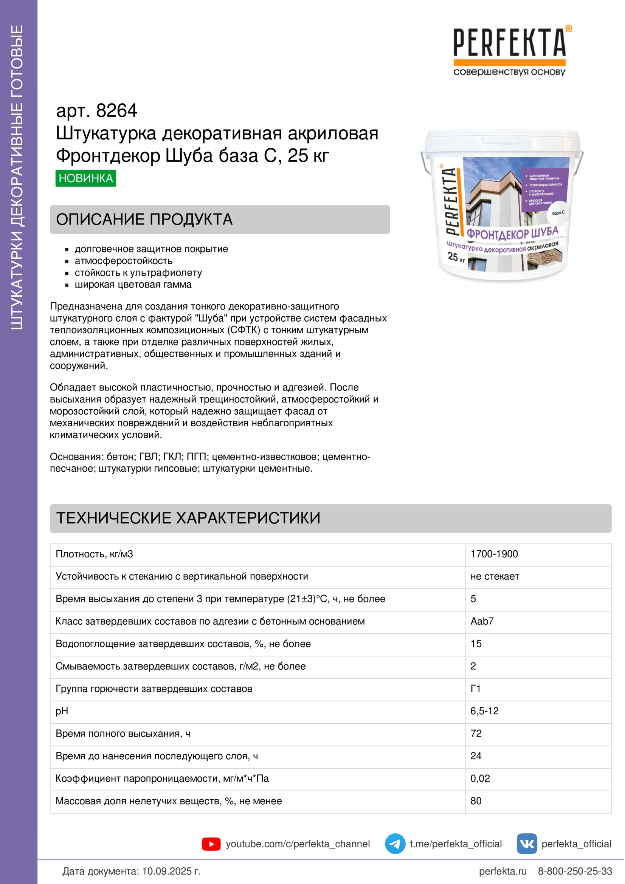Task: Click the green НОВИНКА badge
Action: pos(85,178)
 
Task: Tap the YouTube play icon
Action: pos(211,844)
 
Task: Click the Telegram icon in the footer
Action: pos(395,844)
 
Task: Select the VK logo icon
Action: pos(526,844)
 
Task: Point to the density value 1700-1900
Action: pos(494,554)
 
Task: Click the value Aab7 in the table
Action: pos(482,621)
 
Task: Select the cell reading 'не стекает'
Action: pos(495,576)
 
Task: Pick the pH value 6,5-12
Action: pos(484,711)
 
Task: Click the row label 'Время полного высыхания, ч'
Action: pos(123,734)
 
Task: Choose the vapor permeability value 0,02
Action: pos(480,778)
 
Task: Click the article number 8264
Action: pos(116,111)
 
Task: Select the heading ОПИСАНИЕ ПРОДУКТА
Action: pos(144,220)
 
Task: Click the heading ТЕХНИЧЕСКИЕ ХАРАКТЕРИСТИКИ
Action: pos(188,518)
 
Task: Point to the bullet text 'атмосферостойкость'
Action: pos(124,261)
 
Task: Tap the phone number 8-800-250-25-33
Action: pos(575,871)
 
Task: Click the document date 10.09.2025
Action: pos(171,871)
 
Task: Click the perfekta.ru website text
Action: pos(502,871)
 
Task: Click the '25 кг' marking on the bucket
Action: pos(456,257)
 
